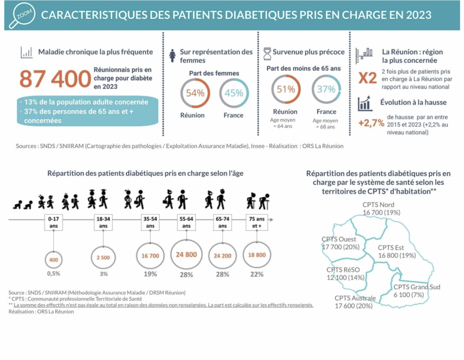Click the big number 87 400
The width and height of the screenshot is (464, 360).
click(x=55, y=79)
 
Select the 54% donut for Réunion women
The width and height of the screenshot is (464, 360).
click(x=195, y=94)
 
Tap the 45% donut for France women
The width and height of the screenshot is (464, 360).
click(x=234, y=94)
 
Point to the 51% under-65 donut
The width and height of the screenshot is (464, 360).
click(x=285, y=90)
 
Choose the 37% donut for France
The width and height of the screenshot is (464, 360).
click(x=326, y=90)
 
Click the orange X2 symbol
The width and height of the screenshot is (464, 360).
click(x=367, y=78)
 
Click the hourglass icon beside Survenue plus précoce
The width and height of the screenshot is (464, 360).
click(x=267, y=53)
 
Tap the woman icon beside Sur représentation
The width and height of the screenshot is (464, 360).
click(x=172, y=56)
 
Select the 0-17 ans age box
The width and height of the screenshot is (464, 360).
click(x=53, y=222)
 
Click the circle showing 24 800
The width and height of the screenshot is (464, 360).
click(x=186, y=255)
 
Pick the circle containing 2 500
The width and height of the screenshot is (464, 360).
click(x=103, y=257)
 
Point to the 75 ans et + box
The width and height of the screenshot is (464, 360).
click(x=257, y=222)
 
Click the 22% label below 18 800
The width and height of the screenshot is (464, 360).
click(x=257, y=274)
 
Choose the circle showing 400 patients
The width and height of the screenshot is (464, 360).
click(x=53, y=260)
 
